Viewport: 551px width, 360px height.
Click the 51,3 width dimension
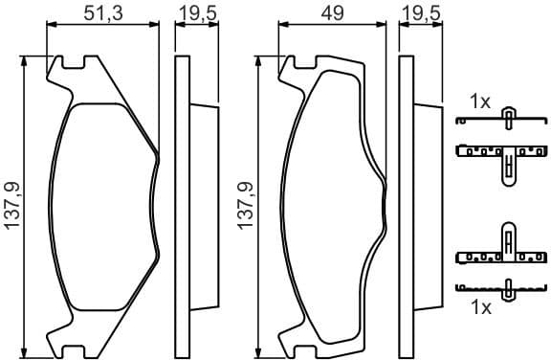pos(102,12)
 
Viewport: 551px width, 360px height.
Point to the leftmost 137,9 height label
pos(12,204)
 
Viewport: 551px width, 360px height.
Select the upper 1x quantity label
pos(479,100)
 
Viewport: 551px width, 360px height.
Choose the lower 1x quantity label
pos(479,307)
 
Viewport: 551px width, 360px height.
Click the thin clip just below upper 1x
pos(502,120)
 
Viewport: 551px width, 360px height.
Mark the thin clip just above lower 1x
pos(502,287)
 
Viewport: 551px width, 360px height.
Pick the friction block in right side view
pos(427,203)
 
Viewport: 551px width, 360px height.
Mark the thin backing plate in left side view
pos(180,203)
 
